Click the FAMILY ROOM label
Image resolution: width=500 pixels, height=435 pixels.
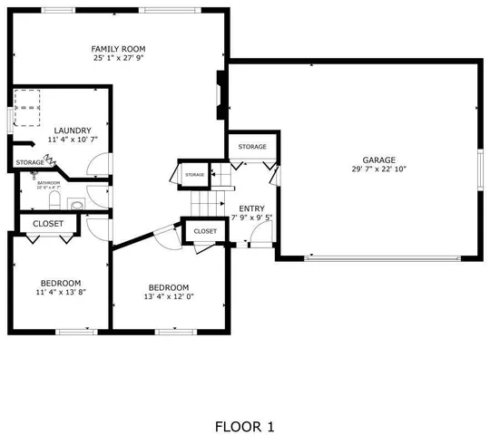[x=118, y=48]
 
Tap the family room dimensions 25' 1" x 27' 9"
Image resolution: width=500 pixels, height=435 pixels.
[x=118, y=58]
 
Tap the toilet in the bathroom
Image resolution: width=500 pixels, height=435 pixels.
[x=53, y=198]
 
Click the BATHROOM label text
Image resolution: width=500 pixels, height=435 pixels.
[x=49, y=183]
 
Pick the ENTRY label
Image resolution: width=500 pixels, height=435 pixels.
[x=251, y=208]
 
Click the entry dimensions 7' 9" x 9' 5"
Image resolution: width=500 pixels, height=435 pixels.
[x=251, y=218]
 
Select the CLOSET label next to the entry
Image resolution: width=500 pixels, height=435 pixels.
[x=205, y=231]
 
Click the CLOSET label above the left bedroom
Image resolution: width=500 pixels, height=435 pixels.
[x=48, y=223]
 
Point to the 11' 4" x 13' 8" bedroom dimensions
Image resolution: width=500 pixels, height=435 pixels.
[x=61, y=293]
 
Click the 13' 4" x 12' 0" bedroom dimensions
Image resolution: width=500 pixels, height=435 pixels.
[x=169, y=295]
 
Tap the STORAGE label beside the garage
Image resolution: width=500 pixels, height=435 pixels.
[x=252, y=147]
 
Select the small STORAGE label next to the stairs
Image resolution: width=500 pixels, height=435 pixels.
[x=194, y=174]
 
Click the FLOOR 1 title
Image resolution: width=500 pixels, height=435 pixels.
[x=243, y=426]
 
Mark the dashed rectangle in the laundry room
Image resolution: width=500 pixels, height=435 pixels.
[x=28, y=108]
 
